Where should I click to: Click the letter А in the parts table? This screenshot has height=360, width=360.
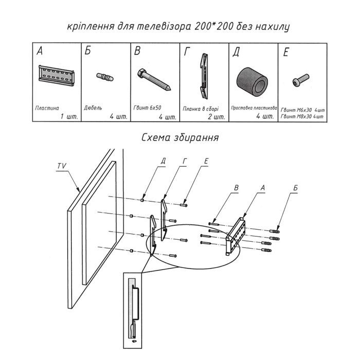(x=39, y=51)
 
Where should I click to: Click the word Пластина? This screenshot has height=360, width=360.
(x=47, y=109)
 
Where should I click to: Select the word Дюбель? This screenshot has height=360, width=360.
(x=94, y=109)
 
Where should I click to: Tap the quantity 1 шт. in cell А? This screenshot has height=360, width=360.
(x=68, y=117)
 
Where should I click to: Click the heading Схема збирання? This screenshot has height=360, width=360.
(x=180, y=138)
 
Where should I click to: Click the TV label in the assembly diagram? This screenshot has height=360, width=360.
(x=61, y=166)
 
